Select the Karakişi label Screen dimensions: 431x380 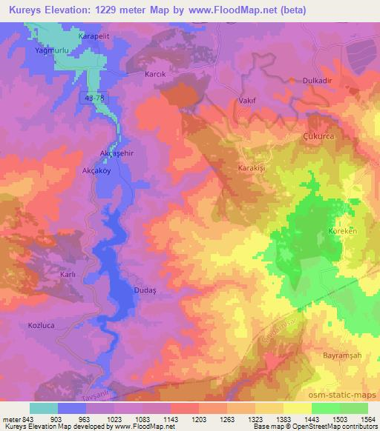252,169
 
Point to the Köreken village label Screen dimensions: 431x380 341,232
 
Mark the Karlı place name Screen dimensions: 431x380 68,275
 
